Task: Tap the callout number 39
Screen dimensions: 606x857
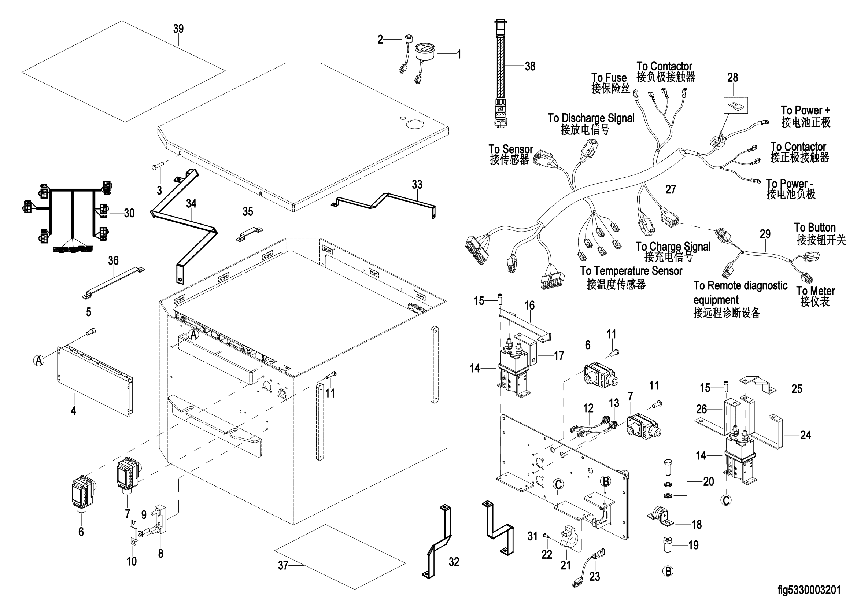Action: (178, 29)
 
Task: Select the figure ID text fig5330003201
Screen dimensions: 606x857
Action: (809, 590)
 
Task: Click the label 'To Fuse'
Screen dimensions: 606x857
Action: (609, 78)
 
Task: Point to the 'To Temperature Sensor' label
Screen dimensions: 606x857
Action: (631, 271)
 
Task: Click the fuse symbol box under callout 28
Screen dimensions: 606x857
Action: (736, 105)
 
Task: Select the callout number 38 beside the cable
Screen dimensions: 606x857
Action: (530, 66)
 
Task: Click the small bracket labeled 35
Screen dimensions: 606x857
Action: (249, 234)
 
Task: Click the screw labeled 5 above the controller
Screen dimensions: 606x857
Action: (91, 331)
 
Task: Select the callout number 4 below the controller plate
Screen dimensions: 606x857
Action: (73, 411)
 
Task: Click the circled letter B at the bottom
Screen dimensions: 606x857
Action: (668, 571)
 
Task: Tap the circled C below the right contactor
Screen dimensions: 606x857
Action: (726, 500)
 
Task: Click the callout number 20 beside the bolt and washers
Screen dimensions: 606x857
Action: (709, 482)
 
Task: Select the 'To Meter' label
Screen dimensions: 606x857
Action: (816, 291)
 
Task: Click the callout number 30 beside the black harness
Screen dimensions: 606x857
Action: (129, 213)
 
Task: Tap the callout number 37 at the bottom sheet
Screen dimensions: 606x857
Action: (283, 566)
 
